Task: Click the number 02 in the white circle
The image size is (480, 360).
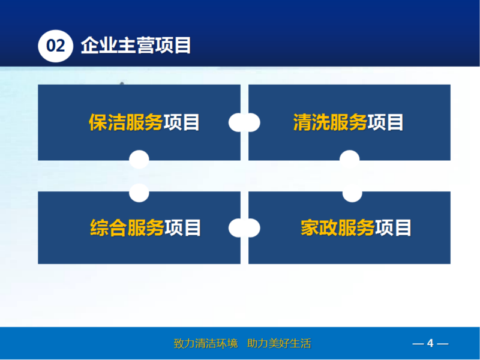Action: [55, 46]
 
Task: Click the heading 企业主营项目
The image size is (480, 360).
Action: [136, 46]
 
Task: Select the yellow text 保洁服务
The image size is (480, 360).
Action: [125, 122]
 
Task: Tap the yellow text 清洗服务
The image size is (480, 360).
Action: [330, 122]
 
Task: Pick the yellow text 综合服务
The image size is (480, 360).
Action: [127, 228]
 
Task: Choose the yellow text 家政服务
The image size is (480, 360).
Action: [337, 228]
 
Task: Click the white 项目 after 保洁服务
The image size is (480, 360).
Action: [182, 122]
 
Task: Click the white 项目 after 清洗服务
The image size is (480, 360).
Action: [386, 122]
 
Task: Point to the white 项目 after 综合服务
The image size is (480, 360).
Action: [183, 228]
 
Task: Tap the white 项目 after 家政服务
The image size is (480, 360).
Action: [394, 228]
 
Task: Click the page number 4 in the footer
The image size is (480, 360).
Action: [430, 343]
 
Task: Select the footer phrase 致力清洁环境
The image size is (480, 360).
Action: [205, 343]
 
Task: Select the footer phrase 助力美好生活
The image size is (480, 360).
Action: [279, 343]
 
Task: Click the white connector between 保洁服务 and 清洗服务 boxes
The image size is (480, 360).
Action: [244, 122]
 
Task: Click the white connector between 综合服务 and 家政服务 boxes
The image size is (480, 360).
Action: [244, 228]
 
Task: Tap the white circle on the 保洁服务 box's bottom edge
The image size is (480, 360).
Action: [139, 160]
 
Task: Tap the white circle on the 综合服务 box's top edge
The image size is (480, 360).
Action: [139, 193]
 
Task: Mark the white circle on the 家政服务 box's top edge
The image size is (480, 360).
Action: [352, 193]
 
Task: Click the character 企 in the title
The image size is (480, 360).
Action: [90, 46]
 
